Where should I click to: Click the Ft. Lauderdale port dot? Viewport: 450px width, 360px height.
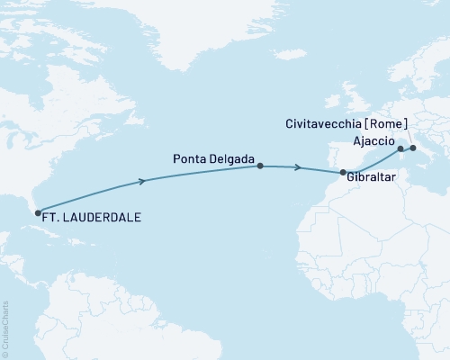38,213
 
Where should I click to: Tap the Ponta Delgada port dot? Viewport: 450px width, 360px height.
260,166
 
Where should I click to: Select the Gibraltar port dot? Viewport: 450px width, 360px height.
343,171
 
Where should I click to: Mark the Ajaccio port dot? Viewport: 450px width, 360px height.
400,148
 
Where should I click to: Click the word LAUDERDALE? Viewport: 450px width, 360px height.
106,216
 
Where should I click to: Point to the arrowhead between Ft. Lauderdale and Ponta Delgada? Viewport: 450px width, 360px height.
141,181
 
